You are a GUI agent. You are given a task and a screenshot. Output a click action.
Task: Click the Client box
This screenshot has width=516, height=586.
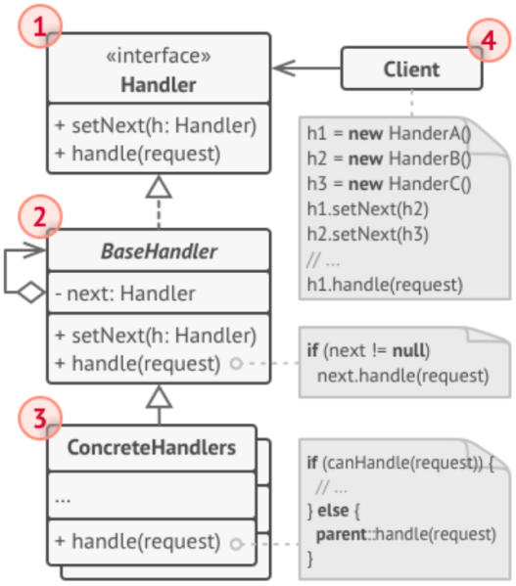pos(410,69)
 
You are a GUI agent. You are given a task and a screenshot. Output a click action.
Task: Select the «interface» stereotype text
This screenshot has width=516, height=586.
pos(159,58)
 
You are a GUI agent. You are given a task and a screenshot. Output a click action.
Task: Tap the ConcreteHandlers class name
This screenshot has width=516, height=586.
pos(152,449)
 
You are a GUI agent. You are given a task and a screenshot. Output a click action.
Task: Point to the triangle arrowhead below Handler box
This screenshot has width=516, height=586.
pos(159,185)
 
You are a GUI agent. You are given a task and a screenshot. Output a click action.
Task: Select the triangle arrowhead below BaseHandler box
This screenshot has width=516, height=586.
pos(159,395)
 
